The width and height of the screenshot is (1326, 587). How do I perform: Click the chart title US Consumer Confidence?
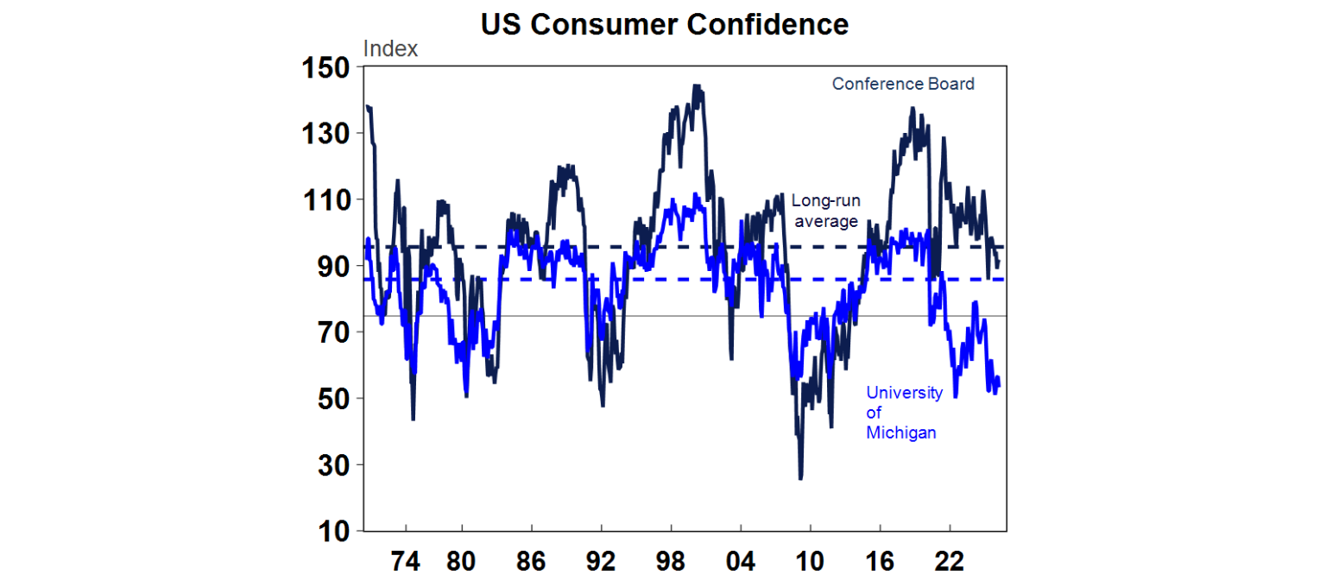664,25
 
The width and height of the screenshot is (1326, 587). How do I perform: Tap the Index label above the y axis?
390,49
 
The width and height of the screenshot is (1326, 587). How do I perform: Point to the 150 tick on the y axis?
326,67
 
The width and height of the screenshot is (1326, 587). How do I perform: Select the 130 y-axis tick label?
326,134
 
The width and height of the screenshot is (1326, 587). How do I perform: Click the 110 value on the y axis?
326,200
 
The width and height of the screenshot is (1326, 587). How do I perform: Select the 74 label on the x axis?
405,562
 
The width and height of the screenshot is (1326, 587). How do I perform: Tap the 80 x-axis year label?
462,562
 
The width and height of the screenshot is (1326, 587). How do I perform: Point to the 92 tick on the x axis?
601,562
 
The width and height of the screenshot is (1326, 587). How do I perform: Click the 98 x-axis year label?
671,562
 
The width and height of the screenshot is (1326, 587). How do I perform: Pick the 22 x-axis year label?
950,562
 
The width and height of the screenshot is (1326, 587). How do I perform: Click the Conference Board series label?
903,85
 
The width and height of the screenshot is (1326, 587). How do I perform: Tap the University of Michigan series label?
904,413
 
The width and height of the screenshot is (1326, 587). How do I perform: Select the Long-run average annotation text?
825,211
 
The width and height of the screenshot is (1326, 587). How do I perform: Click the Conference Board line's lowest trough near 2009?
801,477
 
